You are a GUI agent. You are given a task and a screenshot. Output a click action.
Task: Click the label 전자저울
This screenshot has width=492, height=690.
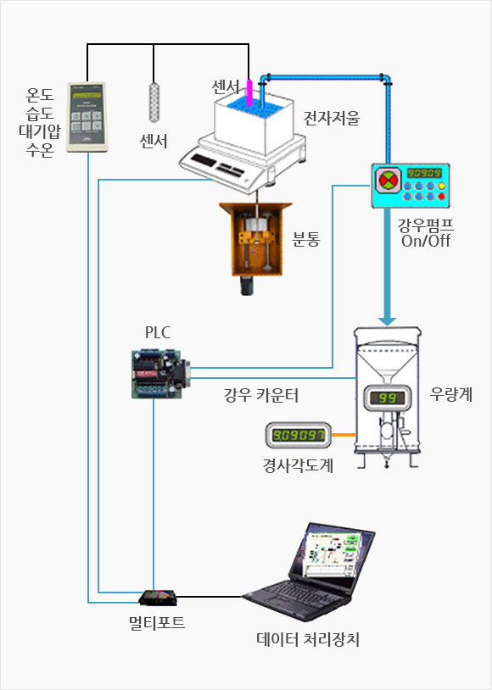pos(332,118)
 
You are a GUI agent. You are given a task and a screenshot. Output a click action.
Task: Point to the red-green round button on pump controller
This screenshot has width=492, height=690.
pos(389,180)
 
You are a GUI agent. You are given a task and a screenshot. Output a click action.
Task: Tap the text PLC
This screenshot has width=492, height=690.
pos(157,332)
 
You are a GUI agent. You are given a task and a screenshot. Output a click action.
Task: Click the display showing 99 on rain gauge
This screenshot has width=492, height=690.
pos(387,398)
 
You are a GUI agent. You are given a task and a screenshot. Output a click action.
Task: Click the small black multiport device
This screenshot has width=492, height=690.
pos(158,598)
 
